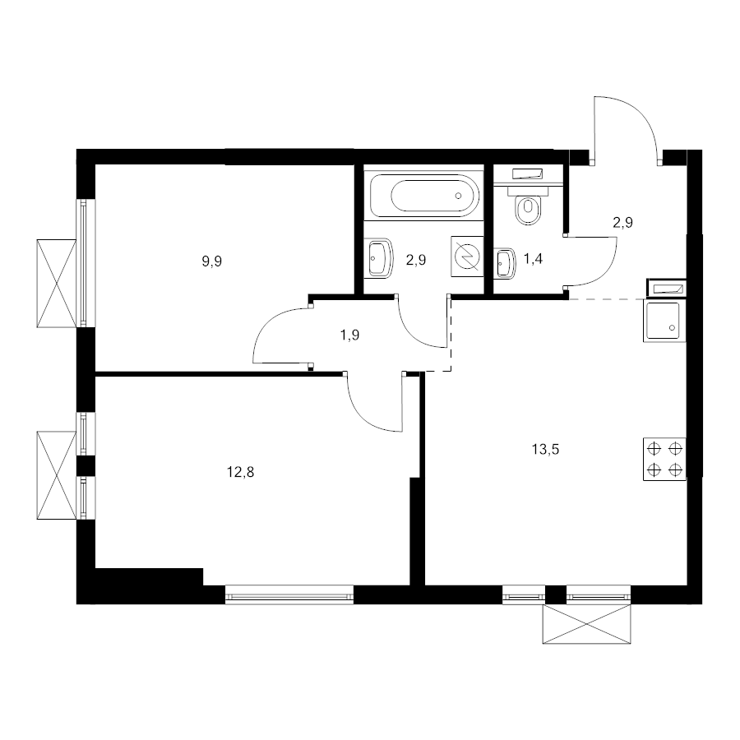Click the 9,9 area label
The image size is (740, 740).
coord(212,261)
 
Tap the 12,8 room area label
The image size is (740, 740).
coord(241,471)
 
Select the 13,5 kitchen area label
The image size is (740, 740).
coord(546,449)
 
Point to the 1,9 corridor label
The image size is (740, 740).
coord(349,335)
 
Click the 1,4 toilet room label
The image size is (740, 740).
coord(533,259)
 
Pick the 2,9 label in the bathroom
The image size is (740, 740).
coord(416,260)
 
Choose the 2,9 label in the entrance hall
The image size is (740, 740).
coord(622,222)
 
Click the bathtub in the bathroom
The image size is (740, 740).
coord(425,196)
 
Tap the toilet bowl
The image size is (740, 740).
coord(528,204)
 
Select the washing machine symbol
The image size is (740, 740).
coord(467,257)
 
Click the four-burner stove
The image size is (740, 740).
coord(664,459)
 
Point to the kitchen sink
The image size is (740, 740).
coord(664,321)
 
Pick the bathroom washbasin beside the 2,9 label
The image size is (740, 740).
coord(380,258)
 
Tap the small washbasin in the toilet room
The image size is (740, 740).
coord(504,263)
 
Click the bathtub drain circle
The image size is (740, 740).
coord(458,196)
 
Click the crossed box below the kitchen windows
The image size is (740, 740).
coord(586,624)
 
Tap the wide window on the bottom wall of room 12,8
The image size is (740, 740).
coord(289,595)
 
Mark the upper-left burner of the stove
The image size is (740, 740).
coord(654,448)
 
